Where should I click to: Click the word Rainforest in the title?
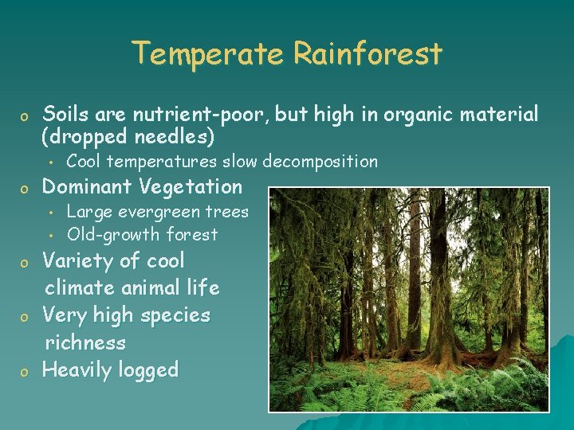coord(368,54)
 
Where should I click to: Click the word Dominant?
coord(87,187)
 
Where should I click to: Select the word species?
coord(175,315)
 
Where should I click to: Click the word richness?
coord(85,343)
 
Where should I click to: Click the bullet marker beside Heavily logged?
coord(25,372)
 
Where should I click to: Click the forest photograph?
coord(408,299)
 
